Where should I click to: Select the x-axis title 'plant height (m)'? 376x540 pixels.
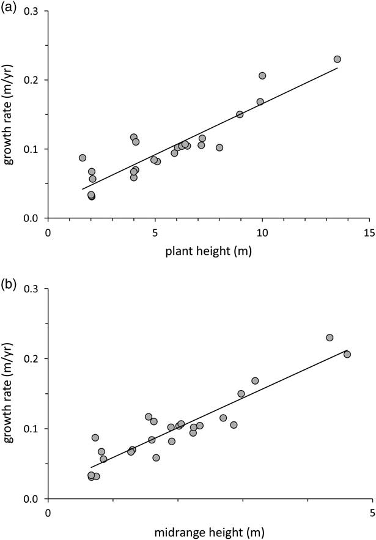tap(208, 250)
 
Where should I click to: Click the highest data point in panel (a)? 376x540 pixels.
tap(337, 59)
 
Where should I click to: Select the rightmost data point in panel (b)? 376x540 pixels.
tap(347, 354)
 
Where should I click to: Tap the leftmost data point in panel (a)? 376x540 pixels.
tap(83, 158)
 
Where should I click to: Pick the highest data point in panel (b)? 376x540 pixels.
tap(330, 338)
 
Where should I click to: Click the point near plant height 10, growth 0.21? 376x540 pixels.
tap(262, 76)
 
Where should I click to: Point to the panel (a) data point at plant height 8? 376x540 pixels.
tap(219, 147)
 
